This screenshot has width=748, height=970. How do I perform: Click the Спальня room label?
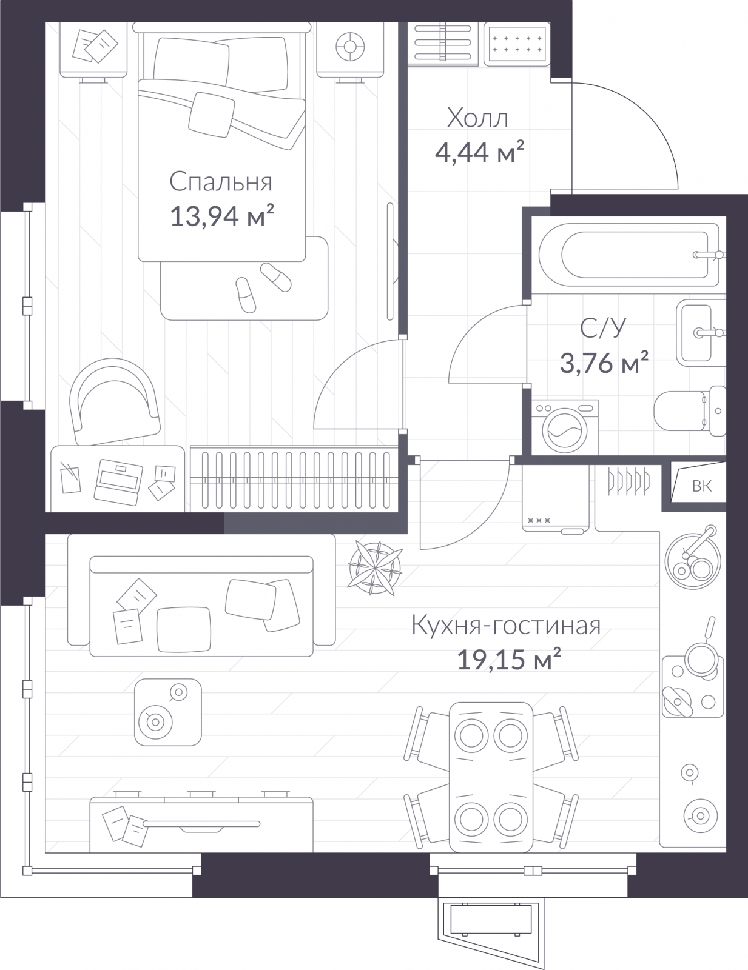pos(221,182)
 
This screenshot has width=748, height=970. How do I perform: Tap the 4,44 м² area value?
pos(479,152)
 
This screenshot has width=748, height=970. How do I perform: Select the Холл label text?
pos(477,119)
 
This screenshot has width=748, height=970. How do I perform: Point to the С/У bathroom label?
pos(603,329)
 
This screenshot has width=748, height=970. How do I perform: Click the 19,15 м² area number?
pos(508,660)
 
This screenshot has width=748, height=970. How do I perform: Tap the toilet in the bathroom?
pos(690,410)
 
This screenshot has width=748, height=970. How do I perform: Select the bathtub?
pos(628,255)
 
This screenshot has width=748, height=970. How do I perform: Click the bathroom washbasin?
pos(700,333)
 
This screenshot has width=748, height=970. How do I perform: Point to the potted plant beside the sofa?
pos(375,567)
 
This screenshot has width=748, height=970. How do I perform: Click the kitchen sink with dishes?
pos(693,560)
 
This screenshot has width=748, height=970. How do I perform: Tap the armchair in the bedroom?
pos(114,401)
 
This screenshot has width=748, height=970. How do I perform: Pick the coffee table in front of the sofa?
pos(168,712)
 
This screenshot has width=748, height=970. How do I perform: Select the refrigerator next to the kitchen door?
pos(556,498)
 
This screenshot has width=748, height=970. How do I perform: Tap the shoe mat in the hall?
pos(517,44)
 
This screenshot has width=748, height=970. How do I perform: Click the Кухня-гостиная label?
pos(506,626)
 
